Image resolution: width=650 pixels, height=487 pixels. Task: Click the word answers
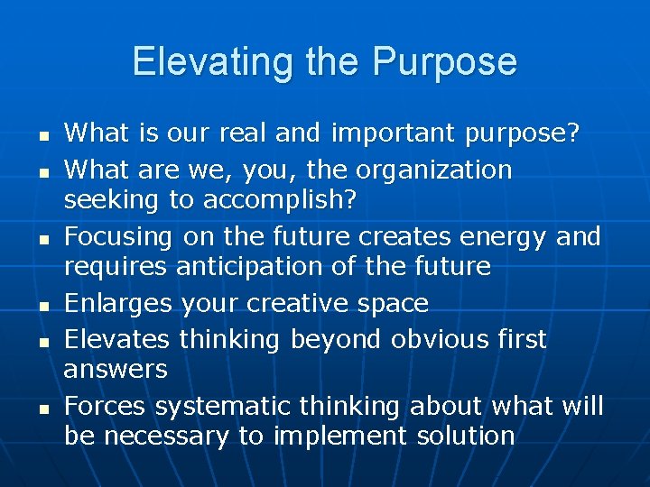(116, 369)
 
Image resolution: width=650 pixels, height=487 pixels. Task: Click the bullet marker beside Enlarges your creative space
(42, 306)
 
